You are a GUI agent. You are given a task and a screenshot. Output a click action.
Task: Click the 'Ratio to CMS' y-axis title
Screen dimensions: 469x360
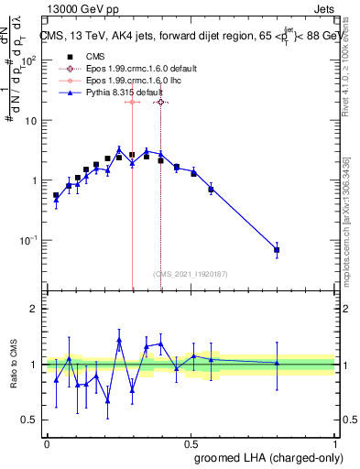coord(14,365)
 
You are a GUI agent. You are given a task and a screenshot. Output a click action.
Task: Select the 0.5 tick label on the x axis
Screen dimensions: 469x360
coord(191,443)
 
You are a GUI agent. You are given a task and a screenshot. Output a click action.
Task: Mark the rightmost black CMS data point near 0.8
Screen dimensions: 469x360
coord(277,250)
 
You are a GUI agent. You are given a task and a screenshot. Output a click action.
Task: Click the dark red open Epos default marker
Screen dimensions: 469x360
coord(161,103)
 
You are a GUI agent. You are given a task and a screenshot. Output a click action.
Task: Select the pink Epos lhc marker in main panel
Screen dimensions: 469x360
coord(132,103)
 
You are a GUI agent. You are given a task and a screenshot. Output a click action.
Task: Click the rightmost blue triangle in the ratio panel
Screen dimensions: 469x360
coord(277,363)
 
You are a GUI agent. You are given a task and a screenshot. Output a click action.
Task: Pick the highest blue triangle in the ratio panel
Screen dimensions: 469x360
coord(119,341)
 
